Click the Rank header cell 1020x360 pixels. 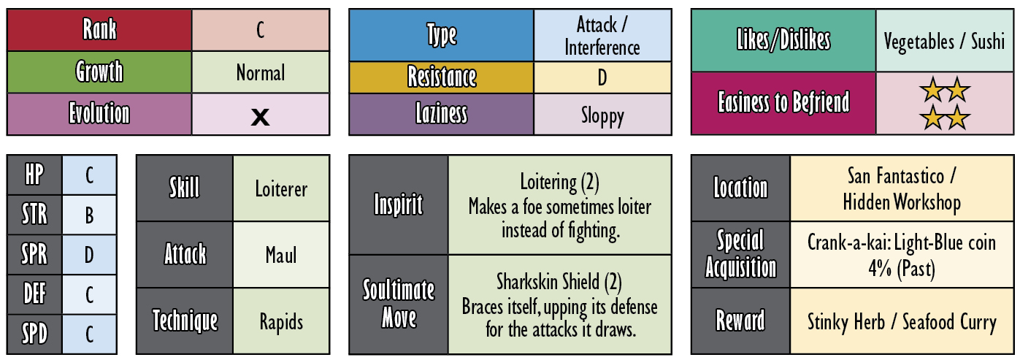tap(99, 30)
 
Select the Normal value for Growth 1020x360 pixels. tap(261, 72)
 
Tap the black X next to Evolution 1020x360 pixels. tap(260, 117)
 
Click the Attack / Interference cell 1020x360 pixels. tap(602, 35)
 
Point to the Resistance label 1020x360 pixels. tap(442, 77)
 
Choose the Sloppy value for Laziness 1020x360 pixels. tap(602, 116)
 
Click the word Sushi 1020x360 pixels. tap(988, 41)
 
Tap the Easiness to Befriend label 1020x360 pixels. tap(783, 102)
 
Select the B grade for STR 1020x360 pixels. tap(89, 215)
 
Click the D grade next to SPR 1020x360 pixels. tap(89, 255)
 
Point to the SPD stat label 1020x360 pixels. tap(34, 334)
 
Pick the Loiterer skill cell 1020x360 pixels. tap(281, 188)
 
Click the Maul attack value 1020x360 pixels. tap(281, 255)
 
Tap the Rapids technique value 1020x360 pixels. tap(281, 322)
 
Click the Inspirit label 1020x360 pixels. tap(399, 204)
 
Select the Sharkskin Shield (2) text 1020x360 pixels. tap(559, 282)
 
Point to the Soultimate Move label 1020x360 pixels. tap(399, 304)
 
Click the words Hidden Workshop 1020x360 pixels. tap(902, 202)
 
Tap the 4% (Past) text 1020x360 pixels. tap(902, 269)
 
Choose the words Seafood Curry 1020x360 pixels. tap(949, 322)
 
